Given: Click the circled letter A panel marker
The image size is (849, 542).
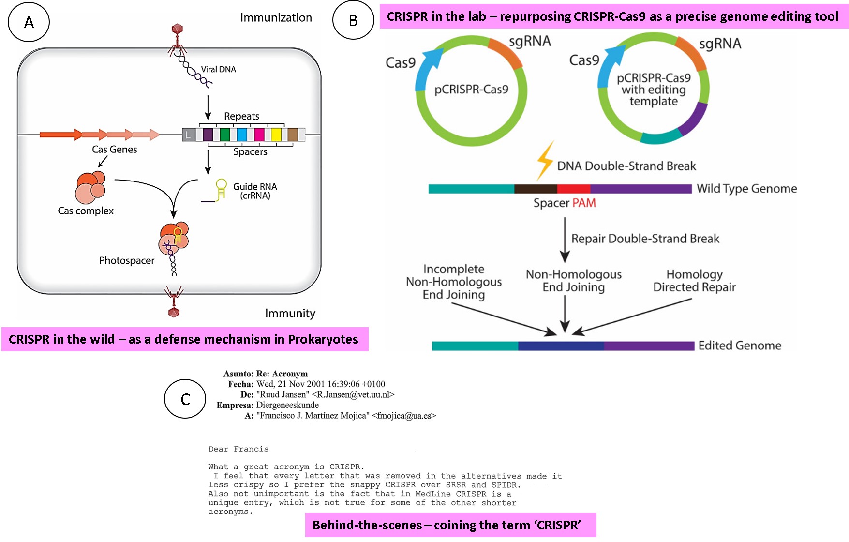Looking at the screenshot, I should [x=29, y=22].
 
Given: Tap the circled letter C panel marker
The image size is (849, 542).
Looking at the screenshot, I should [x=185, y=399].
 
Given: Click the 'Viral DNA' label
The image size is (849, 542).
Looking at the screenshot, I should [x=219, y=69].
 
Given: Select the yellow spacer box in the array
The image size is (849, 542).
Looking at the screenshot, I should [x=276, y=135].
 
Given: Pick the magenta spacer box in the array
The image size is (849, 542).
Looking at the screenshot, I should [x=259, y=135].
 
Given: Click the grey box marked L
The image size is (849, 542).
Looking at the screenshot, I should [x=189, y=135].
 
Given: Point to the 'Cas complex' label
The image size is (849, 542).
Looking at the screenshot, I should [x=86, y=211].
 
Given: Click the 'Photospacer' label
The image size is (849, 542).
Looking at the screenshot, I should [x=127, y=260].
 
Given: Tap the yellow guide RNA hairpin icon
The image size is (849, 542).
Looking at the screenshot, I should [x=221, y=189].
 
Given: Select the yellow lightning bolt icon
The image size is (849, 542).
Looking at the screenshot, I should [x=545, y=160].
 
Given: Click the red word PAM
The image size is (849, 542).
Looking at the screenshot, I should [x=584, y=203].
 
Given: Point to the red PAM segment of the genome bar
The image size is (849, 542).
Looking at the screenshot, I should [x=573, y=189].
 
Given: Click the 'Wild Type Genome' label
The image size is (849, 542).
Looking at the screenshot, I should [x=746, y=189].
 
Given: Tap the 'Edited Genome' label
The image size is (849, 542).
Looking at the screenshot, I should [x=740, y=346].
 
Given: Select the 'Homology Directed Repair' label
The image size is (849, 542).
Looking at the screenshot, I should [x=694, y=281].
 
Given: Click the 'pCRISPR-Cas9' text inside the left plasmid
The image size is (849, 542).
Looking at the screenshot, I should [x=471, y=90].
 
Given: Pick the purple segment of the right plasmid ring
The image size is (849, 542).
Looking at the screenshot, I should [x=693, y=119].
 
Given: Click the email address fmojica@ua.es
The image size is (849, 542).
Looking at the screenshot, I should [x=404, y=415].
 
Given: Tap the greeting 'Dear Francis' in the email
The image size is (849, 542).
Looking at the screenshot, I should [x=238, y=449].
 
